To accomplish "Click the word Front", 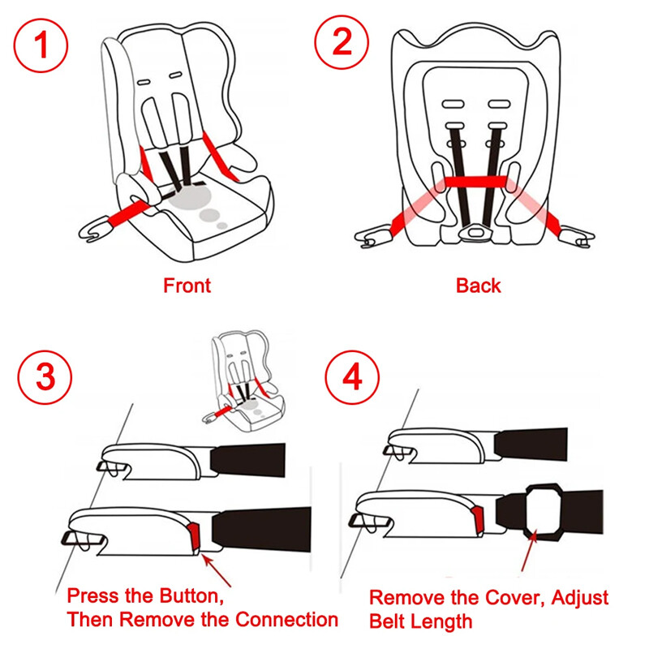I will pyautogui.click(x=187, y=286).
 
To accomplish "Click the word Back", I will pyautogui.click(x=478, y=286).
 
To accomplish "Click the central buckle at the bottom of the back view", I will pyautogui.click(x=473, y=233).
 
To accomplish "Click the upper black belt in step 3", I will pyautogui.click(x=247, y=458).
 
